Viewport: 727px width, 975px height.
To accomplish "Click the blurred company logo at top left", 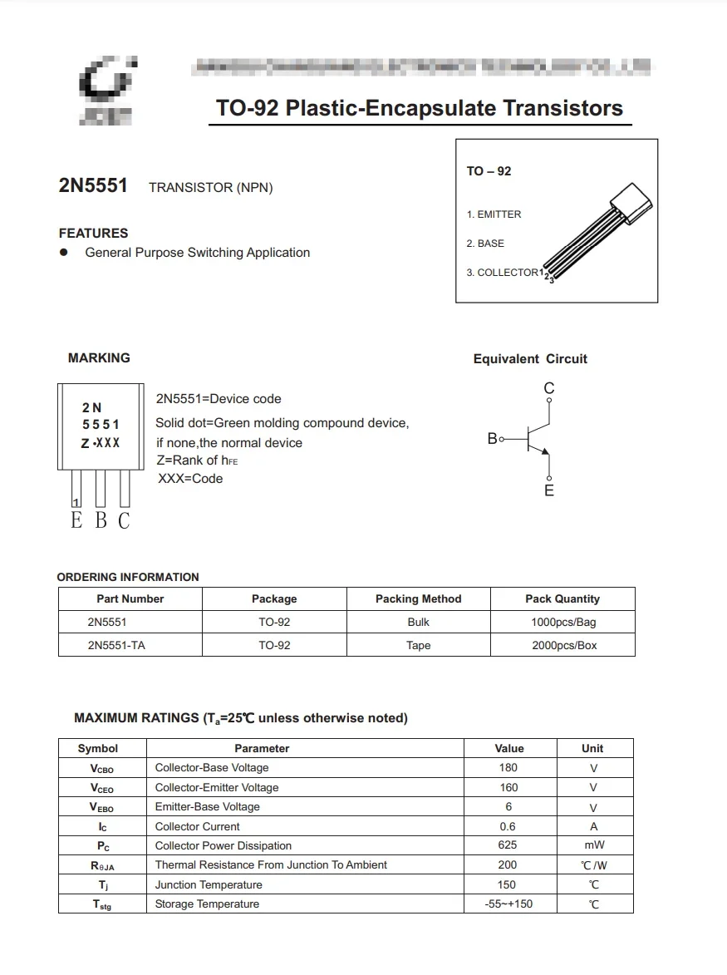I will tap(106, 91).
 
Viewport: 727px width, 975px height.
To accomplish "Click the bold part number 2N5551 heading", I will tap(93, 185).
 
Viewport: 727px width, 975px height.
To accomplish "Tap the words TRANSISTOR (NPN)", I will tap(210, 188).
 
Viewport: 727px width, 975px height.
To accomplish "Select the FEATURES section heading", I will tap(93, 234).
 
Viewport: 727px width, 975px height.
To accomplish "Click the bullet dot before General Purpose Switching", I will tap(63, 253).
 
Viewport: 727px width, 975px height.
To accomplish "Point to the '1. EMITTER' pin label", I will tap(494, 214).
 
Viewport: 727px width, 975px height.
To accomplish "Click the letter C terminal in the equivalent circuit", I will tap(548, 388).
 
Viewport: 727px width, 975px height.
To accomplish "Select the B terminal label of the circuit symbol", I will tap(492, 438).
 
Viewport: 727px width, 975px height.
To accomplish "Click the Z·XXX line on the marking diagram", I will tap(100, 444).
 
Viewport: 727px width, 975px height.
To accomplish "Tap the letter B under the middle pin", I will tap(101, 521).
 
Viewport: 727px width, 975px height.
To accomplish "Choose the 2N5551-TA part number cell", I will tap(115, 645).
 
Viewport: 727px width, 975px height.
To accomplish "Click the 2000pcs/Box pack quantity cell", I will tap(563, 645).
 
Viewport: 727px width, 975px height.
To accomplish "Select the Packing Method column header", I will tap(418, 598).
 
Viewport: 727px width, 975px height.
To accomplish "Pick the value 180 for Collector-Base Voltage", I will tap(508, 768).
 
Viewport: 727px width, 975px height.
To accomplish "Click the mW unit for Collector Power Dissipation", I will tap(593, 845).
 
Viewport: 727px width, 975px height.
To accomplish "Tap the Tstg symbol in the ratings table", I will tap(101, 904).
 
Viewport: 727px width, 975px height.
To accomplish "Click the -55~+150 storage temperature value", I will tap(508, 904).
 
